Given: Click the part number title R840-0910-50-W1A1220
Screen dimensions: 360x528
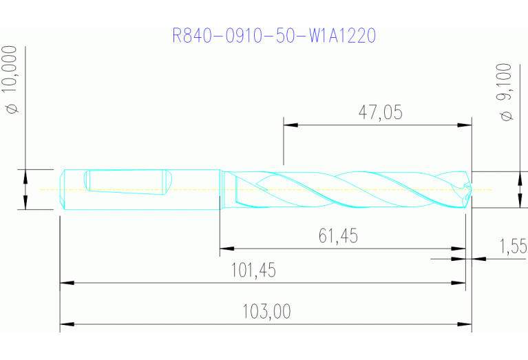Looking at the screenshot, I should (x=273, y=35).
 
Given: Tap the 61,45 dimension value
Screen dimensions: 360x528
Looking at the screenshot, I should (x=338, y=236).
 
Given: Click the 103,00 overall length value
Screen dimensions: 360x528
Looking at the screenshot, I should (x=266, y=312).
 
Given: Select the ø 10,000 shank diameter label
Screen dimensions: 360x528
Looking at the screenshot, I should (x=12, y=80).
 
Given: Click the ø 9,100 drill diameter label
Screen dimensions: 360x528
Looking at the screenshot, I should (x=507, y=92).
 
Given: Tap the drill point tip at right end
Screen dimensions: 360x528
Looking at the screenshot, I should (x=470, y=190).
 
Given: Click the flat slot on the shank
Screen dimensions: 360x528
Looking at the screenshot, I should (x=125, y=182).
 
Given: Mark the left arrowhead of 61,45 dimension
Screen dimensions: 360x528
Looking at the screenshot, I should (x=226, y=248).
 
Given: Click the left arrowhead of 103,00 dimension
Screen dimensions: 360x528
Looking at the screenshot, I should (x=67, y=324).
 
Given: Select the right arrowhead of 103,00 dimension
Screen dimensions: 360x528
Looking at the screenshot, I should (x=465, y=324).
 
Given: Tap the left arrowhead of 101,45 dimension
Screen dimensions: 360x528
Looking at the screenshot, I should (x=67, y=282).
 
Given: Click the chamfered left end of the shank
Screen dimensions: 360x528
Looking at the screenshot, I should (x=63, y=189).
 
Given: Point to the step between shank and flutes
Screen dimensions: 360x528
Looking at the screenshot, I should (x=220, y=189).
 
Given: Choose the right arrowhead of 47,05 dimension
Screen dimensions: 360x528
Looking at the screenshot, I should (x=465, y=125).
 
